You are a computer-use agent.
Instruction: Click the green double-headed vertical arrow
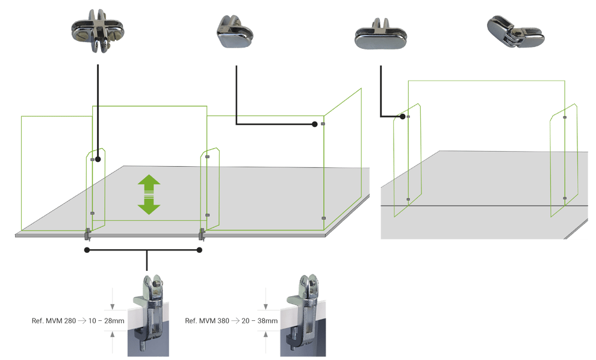click(x=149, y=194)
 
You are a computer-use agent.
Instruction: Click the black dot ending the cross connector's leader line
click(x=98, y=160)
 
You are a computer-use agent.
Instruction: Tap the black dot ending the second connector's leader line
click(x=315, y=125)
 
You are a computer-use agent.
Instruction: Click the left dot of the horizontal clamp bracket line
click(x=87, y=250)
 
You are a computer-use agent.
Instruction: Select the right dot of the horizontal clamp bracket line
click(x=200, y=250)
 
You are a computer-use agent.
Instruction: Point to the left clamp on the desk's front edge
click(x=88, y=232)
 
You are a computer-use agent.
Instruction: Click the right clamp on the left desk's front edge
click(x=201, y=232)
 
